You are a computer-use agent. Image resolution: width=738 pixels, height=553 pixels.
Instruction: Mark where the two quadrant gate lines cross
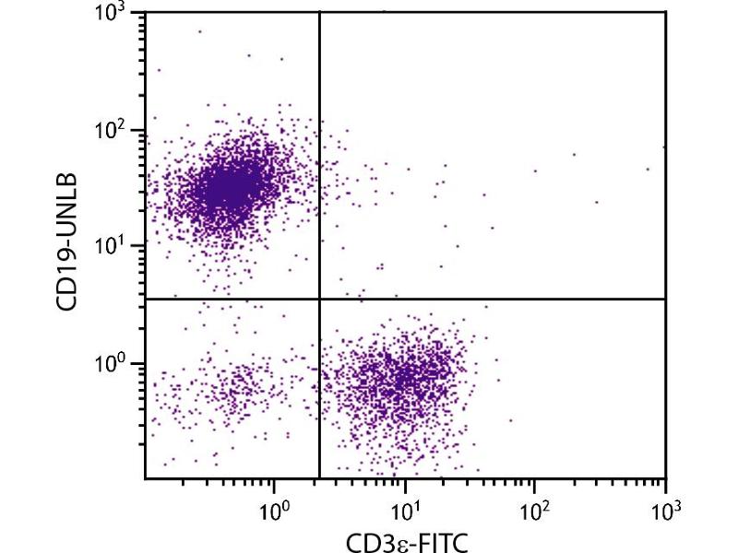319,299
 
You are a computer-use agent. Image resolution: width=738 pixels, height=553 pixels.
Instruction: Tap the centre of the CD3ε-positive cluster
401,378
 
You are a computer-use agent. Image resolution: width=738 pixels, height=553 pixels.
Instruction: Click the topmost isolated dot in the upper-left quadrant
199,31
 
